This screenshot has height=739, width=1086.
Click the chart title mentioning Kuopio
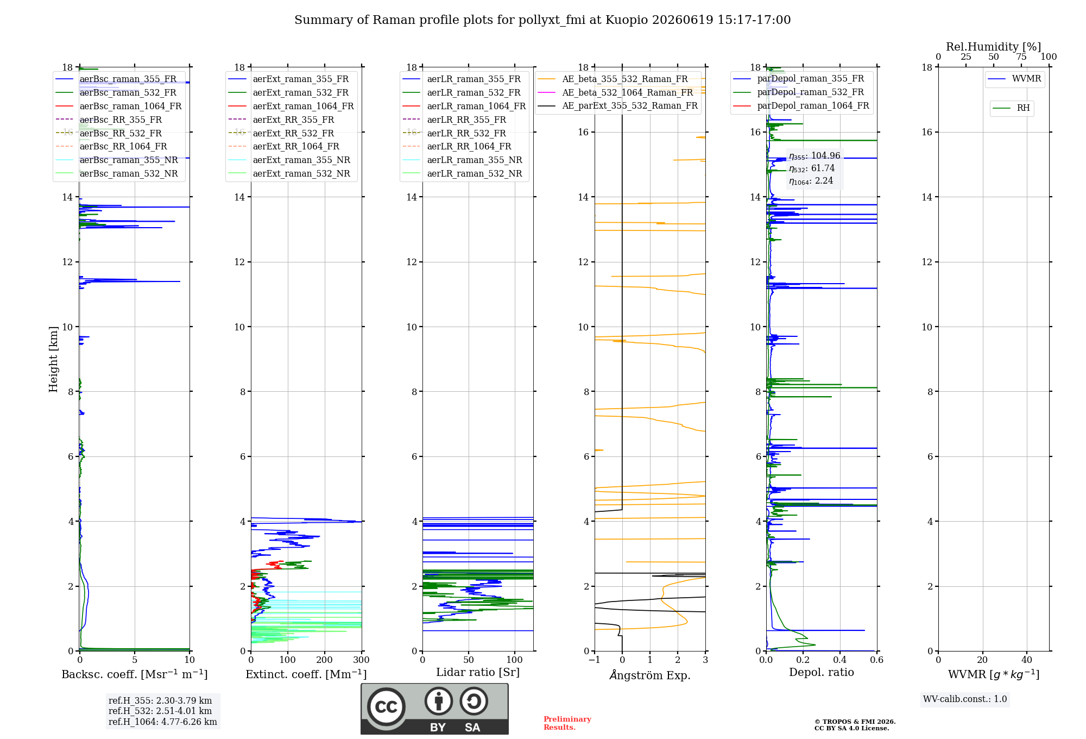tap(542, 20)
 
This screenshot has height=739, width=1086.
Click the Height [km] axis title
tap(53, 359)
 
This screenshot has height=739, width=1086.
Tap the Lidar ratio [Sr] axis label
tap(478, 672)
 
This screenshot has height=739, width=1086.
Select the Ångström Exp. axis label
tap(650, 675)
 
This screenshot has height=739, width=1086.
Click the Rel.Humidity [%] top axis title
tap(994, 47)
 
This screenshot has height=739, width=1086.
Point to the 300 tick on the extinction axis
tap(362, 660)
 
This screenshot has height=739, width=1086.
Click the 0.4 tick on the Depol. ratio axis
tap(840, 660)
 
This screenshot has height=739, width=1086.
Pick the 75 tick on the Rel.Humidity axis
tap(1021, 57)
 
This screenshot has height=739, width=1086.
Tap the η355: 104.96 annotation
tap(815, 156)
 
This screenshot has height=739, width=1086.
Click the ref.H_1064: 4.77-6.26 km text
tap(163, 722)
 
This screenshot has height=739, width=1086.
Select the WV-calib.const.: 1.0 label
tap(965, 699)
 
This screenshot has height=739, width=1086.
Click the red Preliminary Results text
tap(567, 723)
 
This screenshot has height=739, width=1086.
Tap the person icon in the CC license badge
tap(439, 701)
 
